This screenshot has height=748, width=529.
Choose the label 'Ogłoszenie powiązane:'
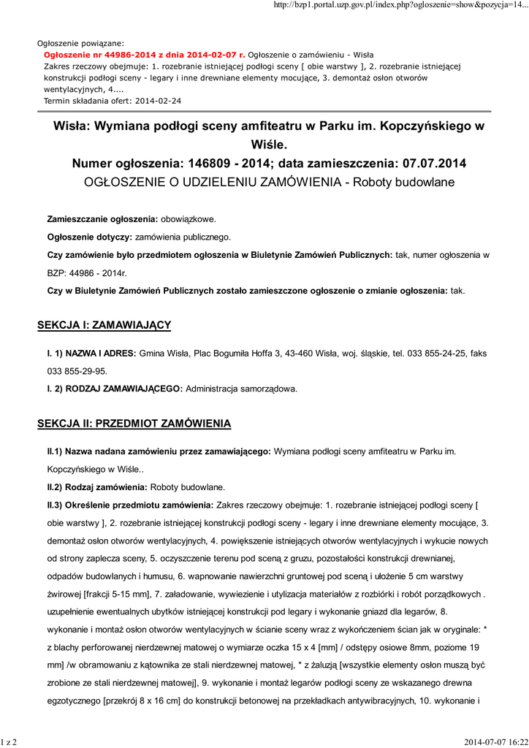click(x=80, y=43)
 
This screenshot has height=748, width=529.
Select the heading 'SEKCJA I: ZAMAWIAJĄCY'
click(x=104, y=324)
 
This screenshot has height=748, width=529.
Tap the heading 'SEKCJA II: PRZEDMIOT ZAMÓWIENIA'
click(x=134, y=423)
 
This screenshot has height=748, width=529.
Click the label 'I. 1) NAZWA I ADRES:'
click(x=91, y=354)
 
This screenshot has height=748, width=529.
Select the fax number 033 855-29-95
click(x=77, y=371)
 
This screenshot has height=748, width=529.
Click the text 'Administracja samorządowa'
click(x=241, y=389)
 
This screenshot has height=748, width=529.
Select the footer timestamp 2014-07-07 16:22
click(x=495, y=742)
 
